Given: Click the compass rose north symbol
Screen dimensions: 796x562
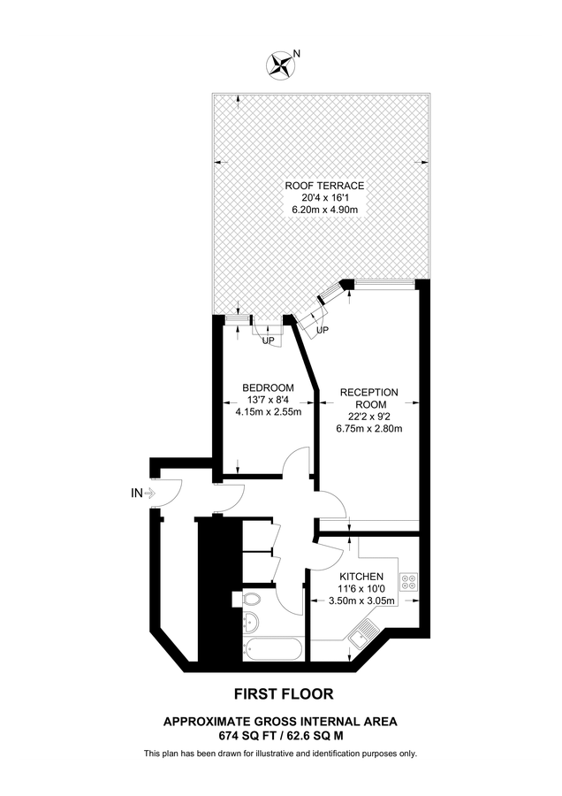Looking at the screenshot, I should coord(282,63).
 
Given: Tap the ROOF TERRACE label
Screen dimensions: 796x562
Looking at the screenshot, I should coord(324,186).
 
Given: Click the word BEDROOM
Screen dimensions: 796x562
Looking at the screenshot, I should coord(269,387).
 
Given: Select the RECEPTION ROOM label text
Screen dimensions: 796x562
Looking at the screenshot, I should coord(368,398).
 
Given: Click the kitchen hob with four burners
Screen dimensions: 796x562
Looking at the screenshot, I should coord(409,582).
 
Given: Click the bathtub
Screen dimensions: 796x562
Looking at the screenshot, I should coord(273,650).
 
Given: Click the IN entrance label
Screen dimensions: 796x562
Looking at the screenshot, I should coord(135,494).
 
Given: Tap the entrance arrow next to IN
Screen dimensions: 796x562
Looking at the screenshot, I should coord(149,494).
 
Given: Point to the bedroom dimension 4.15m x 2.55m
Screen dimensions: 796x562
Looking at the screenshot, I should coord(269,411).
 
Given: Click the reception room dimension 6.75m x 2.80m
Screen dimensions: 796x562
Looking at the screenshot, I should coord(368,429).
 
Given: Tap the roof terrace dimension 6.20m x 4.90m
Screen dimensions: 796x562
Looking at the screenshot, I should coord(324,210).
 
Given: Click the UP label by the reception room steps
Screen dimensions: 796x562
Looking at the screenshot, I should coord(323,330).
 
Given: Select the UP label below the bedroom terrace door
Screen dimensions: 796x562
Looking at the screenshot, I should coord(268,340).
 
